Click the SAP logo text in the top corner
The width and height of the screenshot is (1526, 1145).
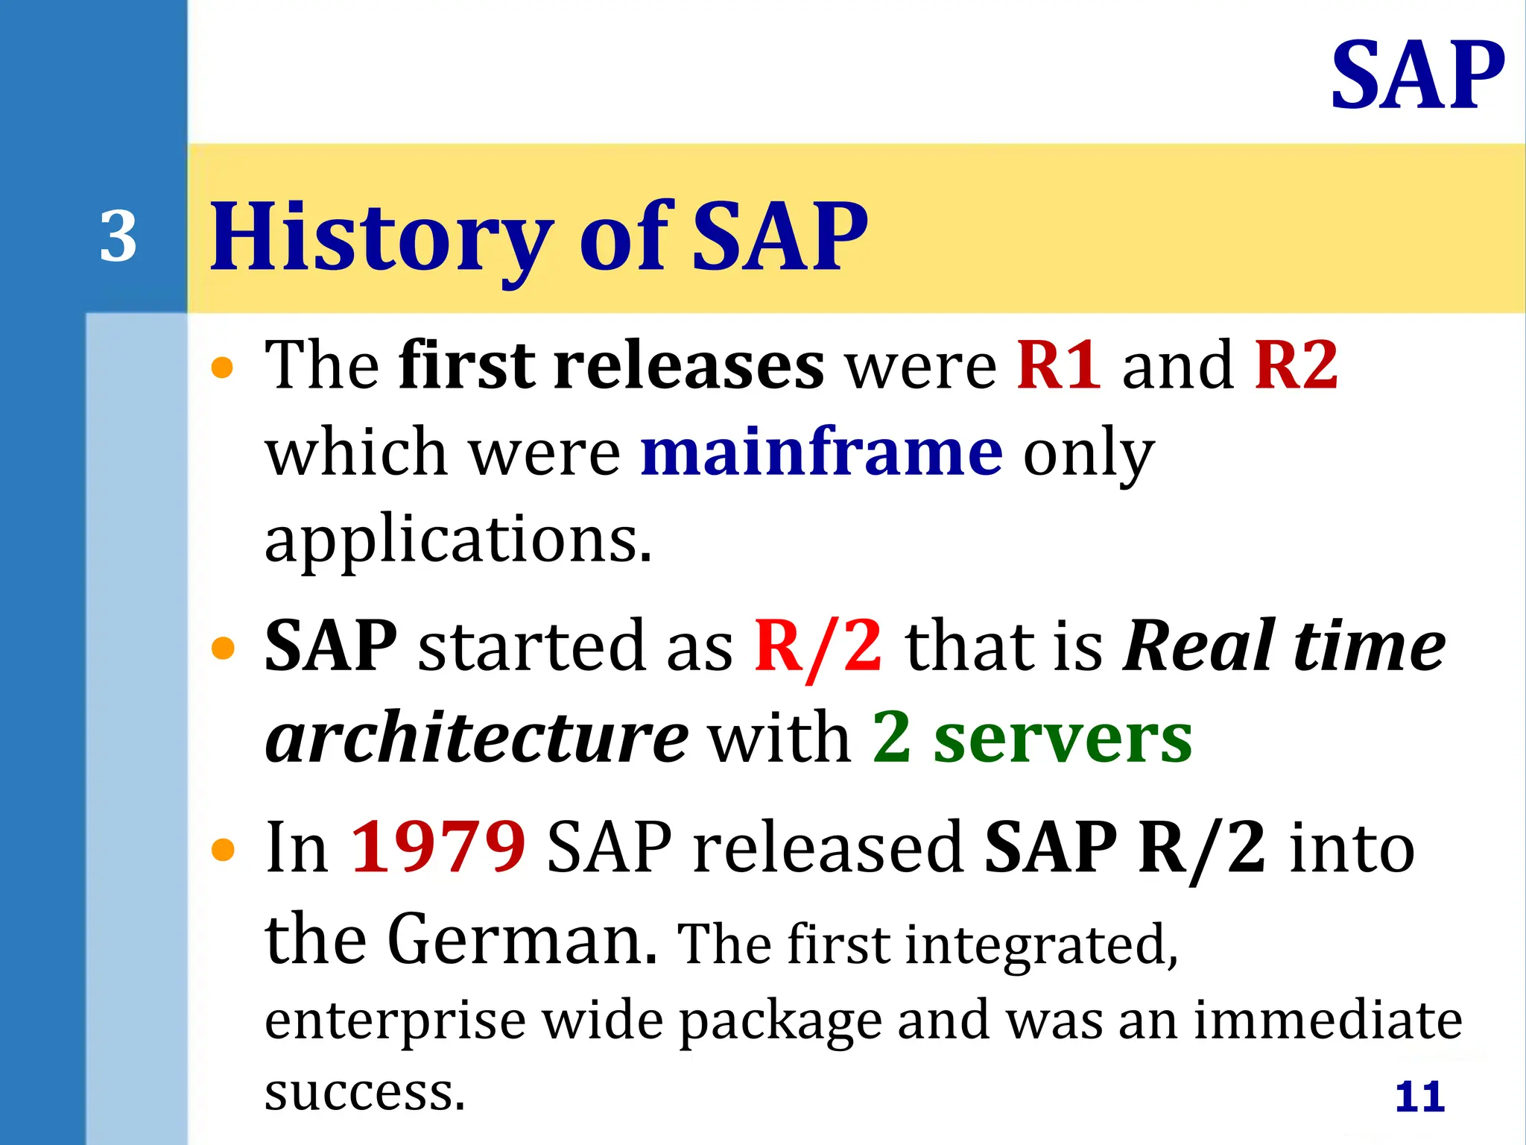[x=1417, y=76]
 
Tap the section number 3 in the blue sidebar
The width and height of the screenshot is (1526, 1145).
[x=118, y=237]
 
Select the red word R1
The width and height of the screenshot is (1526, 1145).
[x=1059, y=365]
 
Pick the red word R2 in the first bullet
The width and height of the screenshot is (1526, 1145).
[x=1296, y=365]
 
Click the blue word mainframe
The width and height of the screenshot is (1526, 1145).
[x=822, y=453]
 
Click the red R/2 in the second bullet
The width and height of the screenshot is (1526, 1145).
[x=818, y=646]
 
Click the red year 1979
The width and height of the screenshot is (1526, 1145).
[x=438, y=847]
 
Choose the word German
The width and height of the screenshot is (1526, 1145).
[x=522, y=939]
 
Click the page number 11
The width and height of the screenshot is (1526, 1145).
[x=1419, y=1097]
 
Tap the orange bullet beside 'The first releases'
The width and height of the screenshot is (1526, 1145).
[x=223, y=368]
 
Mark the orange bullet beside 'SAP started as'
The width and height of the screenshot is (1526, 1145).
[x=223, y=648]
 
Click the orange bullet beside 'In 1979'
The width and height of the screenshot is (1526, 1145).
[x=223, y=849]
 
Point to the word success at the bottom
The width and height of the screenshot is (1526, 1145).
[x=364, y=1093]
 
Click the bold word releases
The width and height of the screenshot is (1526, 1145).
[x=688, y=365]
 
